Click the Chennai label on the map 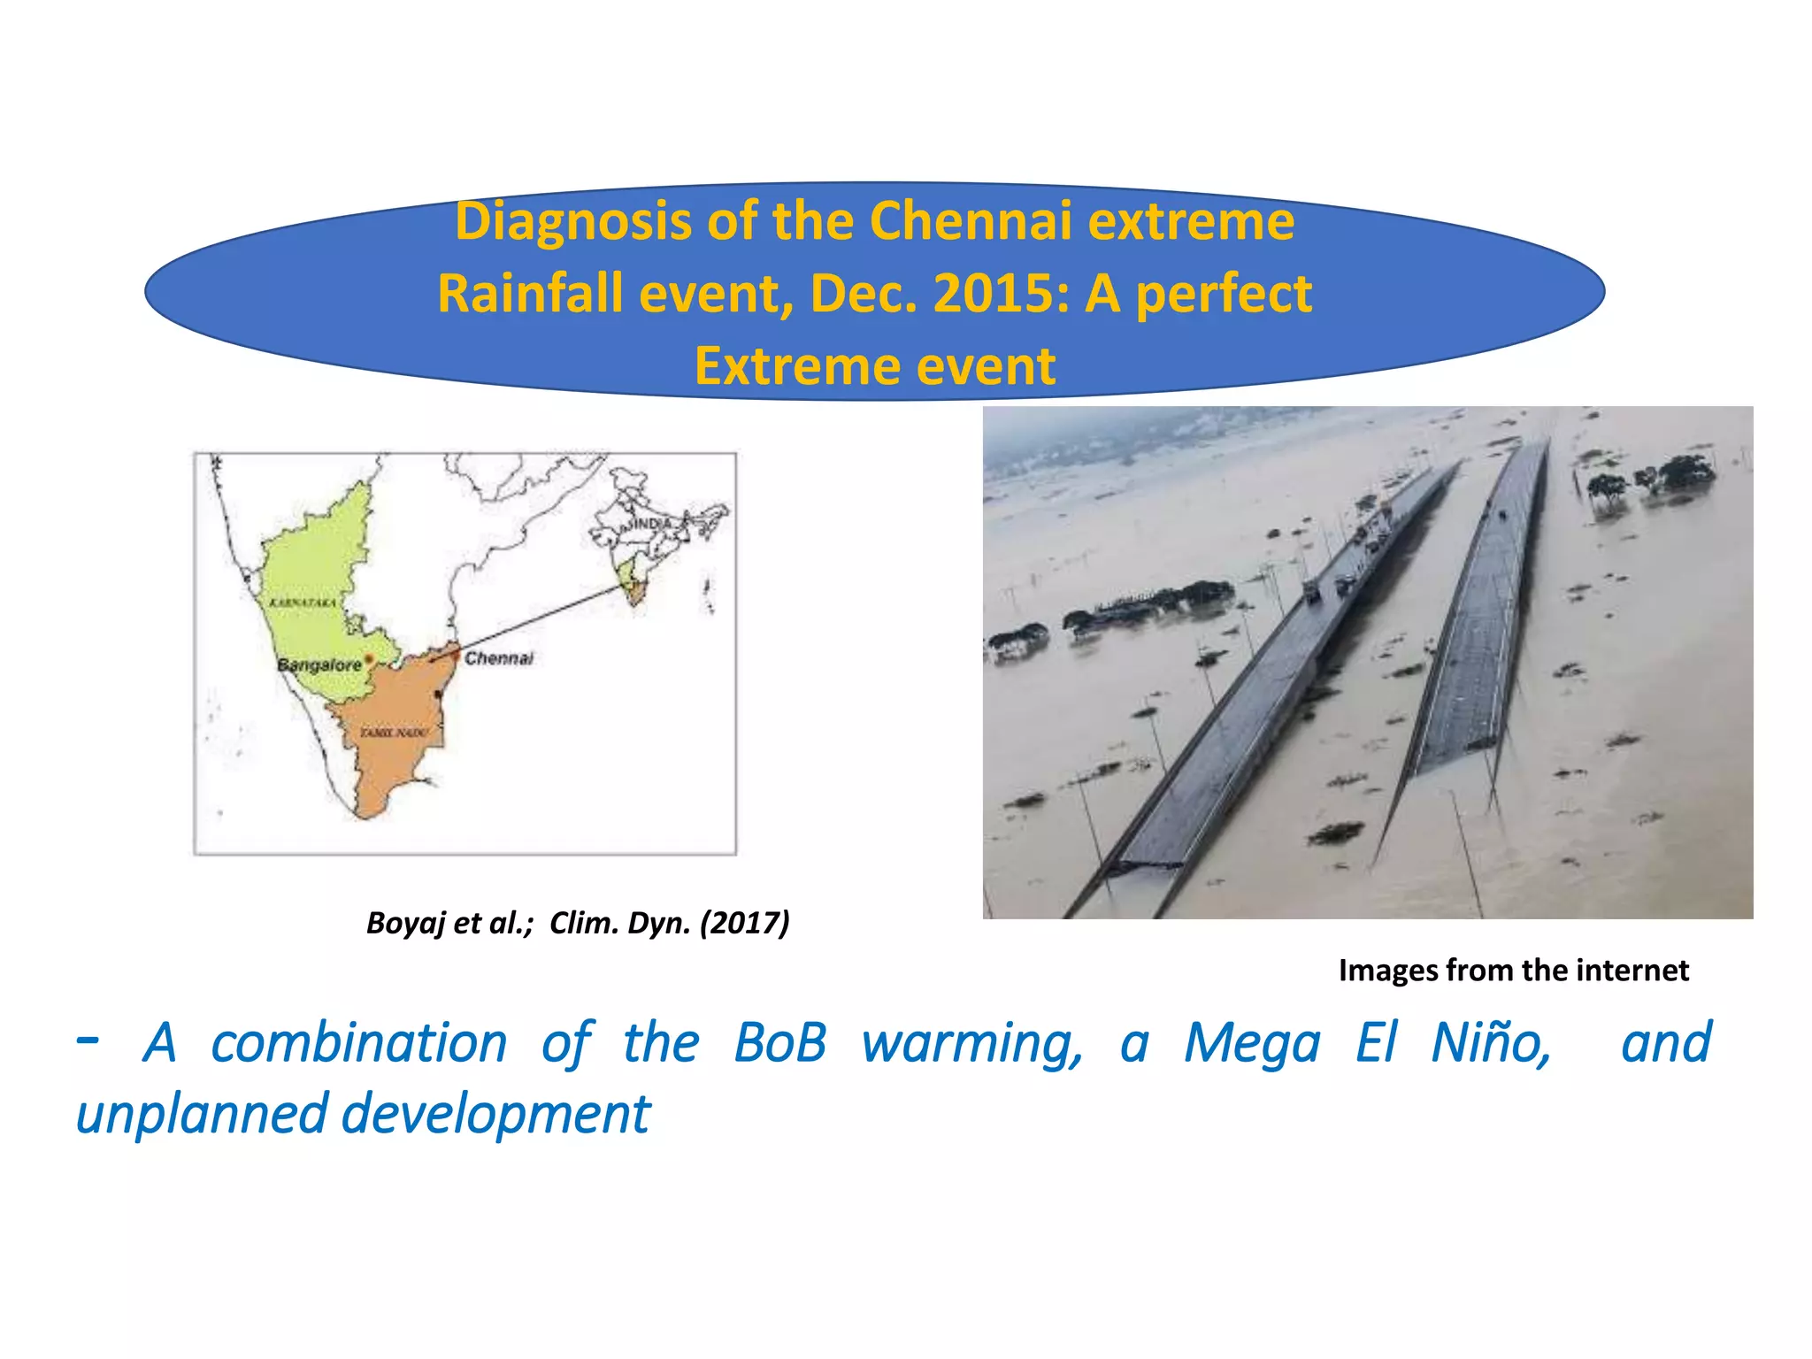pyautogui.click(x=499, y=658)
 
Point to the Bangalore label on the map pyautogui.click(x=319, y=664)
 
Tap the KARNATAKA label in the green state pyautogui.click(x=303, y=603)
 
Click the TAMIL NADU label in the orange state pyautogui.click(x=394, y=733)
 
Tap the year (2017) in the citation pyautogui.click(x=744, y=923)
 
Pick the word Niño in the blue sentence pyautogui.click(x=1491, y=1043)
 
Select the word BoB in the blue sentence pyautogui.click(x=780, y=1043)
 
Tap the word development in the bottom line pyautogui.click(x=495, y=1115)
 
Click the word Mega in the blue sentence pyautogui.click(x=1252, y=1045)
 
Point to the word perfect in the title pyautogui.click(x=1224, y=296)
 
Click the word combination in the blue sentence pyautogui.click(x=358, y=1043)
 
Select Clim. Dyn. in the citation pyautogui.click(x=619, y=923)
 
